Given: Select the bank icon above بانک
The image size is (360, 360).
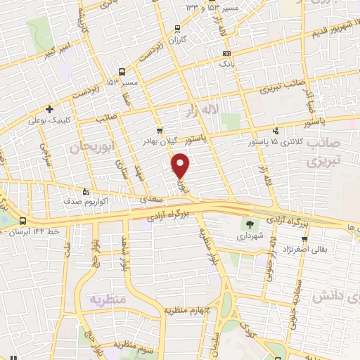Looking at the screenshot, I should (x=226, y=53).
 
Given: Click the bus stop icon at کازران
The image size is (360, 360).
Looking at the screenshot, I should (x=176, y=29).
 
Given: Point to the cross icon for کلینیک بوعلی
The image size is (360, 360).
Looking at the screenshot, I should (x=49, y=109).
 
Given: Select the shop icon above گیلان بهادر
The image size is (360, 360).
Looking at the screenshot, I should (x=160, y=130).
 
